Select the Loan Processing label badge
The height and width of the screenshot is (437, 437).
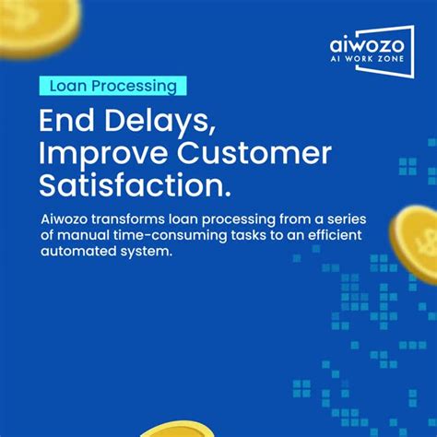[113, 86]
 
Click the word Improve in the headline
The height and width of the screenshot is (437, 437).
[102, 154]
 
